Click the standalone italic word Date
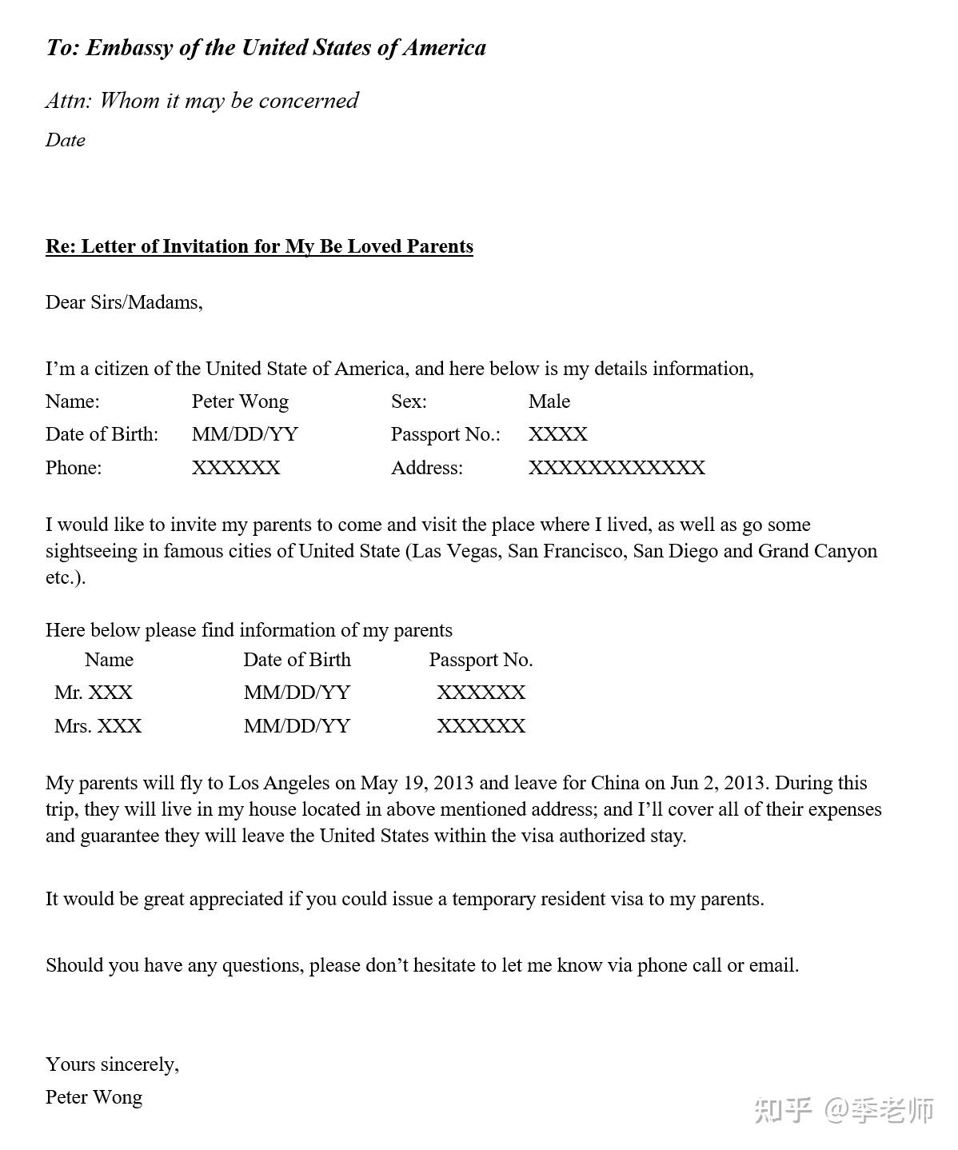[x=66, y=140]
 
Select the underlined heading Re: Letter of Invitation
[x=259, y=246]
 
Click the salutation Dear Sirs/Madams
[x=124, y=302]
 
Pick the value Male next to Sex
[x=549, y=401]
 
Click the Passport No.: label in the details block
[x=445, y=434]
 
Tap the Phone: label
[x=74, y=468]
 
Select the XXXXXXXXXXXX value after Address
[x=617, y=468]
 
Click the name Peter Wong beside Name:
[x=240, y=401]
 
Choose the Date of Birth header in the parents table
[x=297, y=660]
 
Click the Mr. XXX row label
[x=94, y=693]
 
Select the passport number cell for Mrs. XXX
[x=481, y=726]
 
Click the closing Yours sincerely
[x=112, y=1064]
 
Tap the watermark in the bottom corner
[x=844, y=1110]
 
